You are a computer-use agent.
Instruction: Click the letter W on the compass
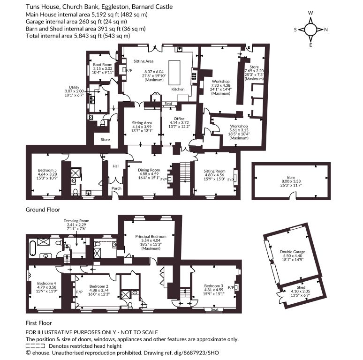point(310,13)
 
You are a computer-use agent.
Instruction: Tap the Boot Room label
point(103,65)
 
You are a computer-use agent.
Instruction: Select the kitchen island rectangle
point(174,72)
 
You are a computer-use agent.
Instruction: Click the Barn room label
point(291,177)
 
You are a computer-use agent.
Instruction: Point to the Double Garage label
point(293,252)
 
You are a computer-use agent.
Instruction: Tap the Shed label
point(301,287)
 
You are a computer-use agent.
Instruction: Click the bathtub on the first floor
point(32,249)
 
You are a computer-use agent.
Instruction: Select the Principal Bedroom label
point(151,236)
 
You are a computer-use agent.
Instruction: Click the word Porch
point(116,188)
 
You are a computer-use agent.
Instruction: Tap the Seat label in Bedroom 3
point(215,309)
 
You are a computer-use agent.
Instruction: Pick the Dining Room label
point(149,170)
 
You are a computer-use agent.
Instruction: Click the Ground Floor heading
point(43,210)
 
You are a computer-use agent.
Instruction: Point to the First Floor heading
point(38,323)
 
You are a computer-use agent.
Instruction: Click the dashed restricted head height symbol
point(35,346)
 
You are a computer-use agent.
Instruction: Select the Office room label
point(179,119)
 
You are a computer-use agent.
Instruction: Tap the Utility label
point(74,87)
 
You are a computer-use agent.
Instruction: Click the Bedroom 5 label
point(47,170)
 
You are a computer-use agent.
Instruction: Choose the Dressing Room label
point(76,221)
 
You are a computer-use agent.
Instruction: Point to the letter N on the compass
point(326,30)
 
